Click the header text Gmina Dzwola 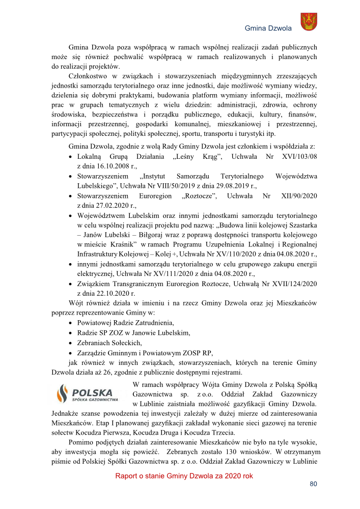click(268, 28)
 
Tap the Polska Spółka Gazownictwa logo click(85, 392)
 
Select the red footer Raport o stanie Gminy click(184, 476)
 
